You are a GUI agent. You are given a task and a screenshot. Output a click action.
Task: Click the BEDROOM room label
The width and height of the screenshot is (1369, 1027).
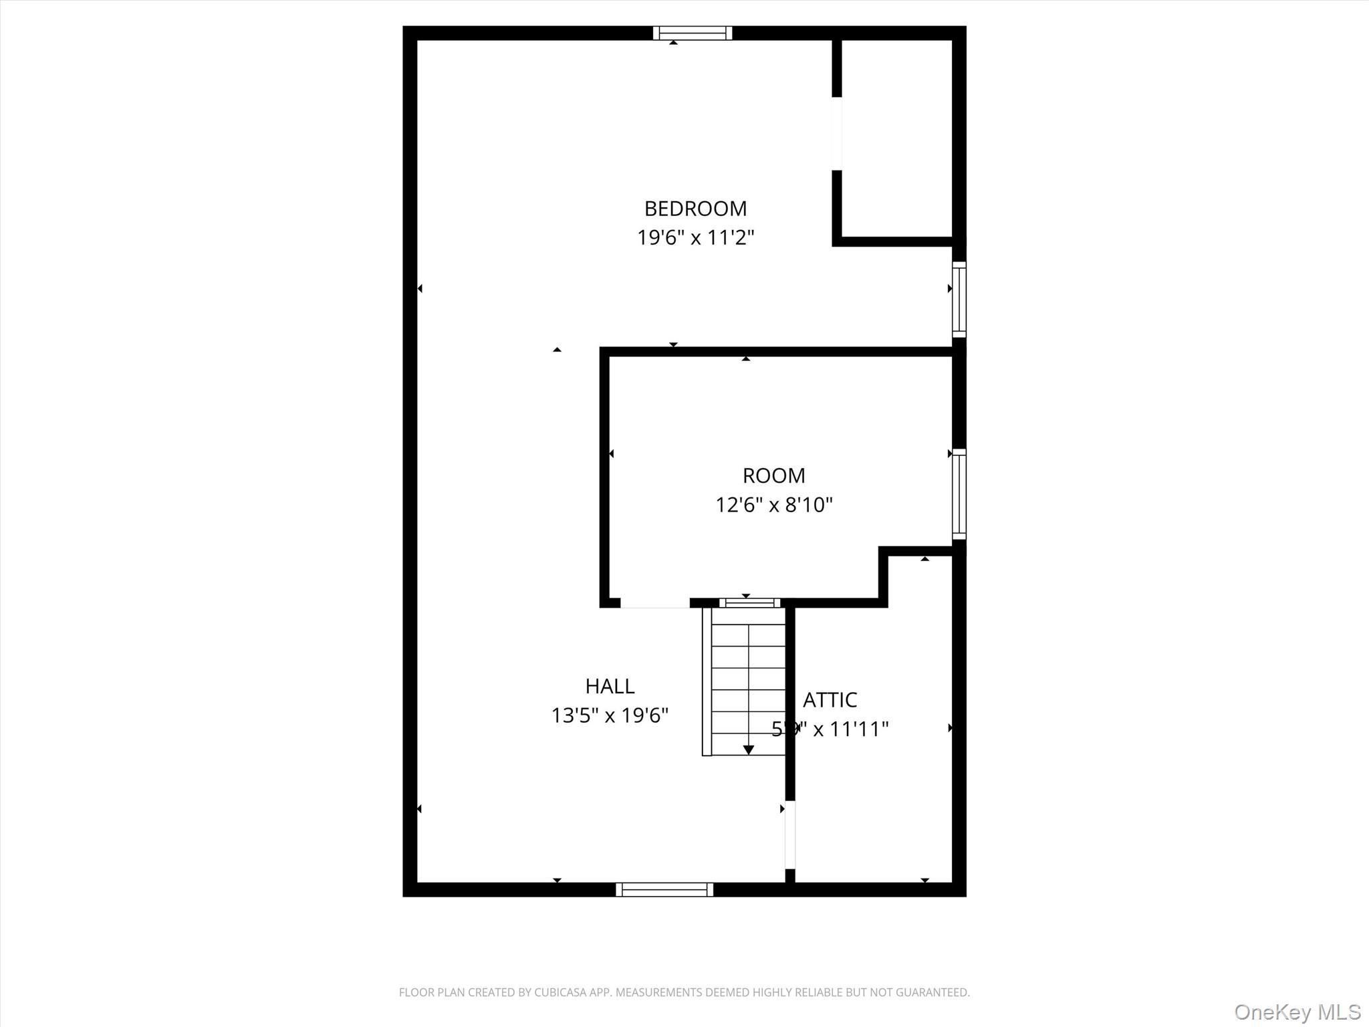pyautogui.click(x=695, y=209)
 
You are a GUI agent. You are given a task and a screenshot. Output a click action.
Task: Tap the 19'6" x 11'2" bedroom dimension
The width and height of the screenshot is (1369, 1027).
pyautogui.click(x=695, y=237)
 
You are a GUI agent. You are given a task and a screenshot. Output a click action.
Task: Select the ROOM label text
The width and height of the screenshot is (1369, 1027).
pyautogui.click(x=773, y=475)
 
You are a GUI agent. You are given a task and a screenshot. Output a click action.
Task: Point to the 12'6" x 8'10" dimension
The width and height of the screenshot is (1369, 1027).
pyautogui.click(x=773, y=505)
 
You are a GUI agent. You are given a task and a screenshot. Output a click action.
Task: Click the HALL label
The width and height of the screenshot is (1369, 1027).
pyautogui.click(x=610, y=686)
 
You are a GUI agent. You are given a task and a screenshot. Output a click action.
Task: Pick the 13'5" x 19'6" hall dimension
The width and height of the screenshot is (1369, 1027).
pyautogui.click(x=610, y=715)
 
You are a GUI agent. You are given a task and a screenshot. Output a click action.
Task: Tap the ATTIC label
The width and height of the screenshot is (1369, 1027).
pyautogui.click(x=830, y=699)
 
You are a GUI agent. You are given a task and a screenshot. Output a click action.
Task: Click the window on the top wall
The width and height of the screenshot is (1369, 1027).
pyautogui.click(x=693, y=33)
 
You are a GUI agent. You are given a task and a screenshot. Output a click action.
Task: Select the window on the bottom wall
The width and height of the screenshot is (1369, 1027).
pyautogui.click(x=664, y=889)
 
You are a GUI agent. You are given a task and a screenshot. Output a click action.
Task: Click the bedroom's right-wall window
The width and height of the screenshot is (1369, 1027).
pyautogui.click(x=959, y=300)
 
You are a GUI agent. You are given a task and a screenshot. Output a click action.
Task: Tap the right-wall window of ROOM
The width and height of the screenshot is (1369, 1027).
pyautogui.click(x=959, y=494)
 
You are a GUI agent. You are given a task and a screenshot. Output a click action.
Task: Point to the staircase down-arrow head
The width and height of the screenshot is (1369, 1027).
pyautogui.click(x=749, y=750)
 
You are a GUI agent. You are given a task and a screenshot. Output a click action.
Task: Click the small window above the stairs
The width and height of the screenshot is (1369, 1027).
pyautogui.click(x=749, y=602)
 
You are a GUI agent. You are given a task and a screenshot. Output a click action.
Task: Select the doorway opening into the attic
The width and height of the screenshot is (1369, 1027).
pyautogui.click(x=790, y=834)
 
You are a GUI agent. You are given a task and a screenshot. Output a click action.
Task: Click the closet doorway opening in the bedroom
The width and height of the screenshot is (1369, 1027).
pyautogui.click(x=836, y=134)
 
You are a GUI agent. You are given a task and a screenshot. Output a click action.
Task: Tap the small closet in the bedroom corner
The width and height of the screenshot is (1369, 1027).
pyautogui.click(x=896, y=137)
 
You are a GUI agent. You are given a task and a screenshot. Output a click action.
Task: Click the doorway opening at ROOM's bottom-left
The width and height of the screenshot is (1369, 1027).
pyautogui.click(x=654, y=603)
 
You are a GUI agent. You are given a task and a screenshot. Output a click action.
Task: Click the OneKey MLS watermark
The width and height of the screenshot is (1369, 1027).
pyautogui.click(x=1297, y=1012)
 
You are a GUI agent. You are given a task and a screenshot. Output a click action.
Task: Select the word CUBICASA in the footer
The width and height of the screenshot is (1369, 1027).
pyautogui.click(x=562, y=992)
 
